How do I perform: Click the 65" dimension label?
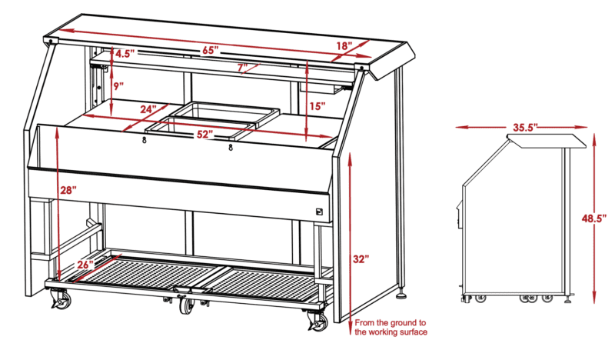(x=211, y=51)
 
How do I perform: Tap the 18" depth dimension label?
(x=344, y=45)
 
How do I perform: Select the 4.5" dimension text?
(x=125, y=53)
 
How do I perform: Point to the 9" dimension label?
(x=119, y=86)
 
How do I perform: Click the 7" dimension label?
(x=243, y=68)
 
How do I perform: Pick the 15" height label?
(x=317, y=106)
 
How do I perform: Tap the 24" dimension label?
(x=148, y=109)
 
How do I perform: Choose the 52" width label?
(x=205, y=135)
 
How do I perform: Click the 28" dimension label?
(x=68, y=191)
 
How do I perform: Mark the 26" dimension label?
(x=85, y=265)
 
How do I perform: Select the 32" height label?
(x=361, y=259)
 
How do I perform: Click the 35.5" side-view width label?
(x=525, y=128)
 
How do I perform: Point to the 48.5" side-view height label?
(x=594, y=218)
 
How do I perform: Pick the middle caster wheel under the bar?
(x=188, y=305)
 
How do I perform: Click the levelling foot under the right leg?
(x=402, y=295)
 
